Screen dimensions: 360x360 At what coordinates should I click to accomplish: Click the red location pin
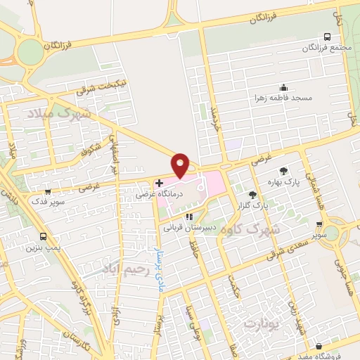181,164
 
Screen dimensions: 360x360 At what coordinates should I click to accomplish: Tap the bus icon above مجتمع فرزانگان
326,37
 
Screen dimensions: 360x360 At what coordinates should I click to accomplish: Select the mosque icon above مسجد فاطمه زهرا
283,87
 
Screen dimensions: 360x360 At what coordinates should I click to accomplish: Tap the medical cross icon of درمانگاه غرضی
160,183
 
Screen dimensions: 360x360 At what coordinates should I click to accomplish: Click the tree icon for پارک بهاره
283,170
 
